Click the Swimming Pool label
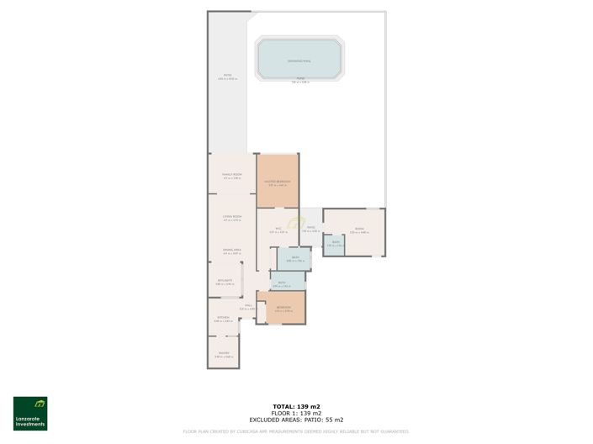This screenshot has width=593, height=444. click(299, 61)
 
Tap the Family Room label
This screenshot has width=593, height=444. click(231, 174)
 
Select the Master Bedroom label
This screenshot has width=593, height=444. click(277, 181)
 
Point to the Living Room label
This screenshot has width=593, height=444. click(231, 216)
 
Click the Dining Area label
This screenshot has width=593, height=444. click(231, 250)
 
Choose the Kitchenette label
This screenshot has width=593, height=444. click(224, 281)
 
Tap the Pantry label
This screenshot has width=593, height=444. click(224, 353)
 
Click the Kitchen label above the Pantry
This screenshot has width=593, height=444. click(223, 317)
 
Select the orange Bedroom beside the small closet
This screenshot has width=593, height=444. click(284, 308)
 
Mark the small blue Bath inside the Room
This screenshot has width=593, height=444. click(334, 243)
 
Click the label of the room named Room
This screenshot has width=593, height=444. click(359, 229)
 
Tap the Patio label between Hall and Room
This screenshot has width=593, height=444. click(310, 227)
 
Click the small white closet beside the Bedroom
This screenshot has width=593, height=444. click(262, 313)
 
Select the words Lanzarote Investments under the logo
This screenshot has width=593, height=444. click(30, 423)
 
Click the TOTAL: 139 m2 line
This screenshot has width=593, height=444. click(296, 406)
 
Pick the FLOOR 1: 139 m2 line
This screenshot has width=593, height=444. click(296, 413)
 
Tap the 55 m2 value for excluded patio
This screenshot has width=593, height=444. click(336, 420)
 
